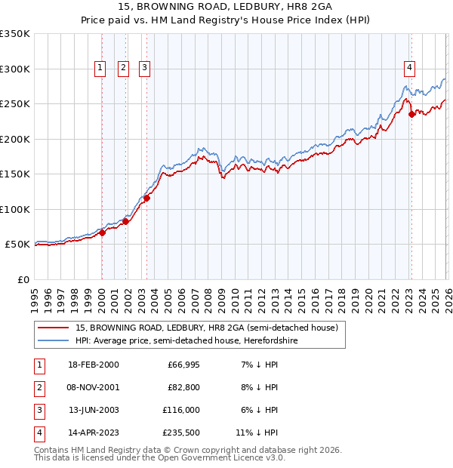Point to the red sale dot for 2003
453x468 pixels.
pyautogui.click(x=146, y=199)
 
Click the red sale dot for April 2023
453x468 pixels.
pyautogui.click(x=411, y=115)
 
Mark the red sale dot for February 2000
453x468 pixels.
pyautogui.click(x=102, y=232)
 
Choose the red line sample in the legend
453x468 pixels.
pyautogui.click(x=54, y=328)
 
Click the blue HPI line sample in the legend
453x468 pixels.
pyautogui.click(x=54, y=341)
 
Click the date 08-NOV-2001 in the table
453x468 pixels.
pyautogui.click(x=93, y=387)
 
